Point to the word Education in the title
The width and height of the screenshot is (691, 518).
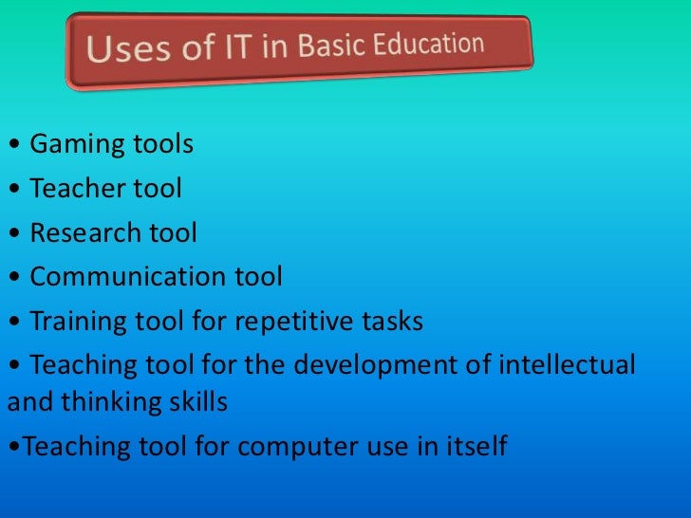point(424,44)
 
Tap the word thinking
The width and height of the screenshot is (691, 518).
point(103,402)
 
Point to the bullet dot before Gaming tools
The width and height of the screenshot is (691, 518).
point(11,146)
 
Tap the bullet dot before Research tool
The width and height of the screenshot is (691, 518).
point(11,233)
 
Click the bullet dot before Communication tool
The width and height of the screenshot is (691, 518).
point(11,278)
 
